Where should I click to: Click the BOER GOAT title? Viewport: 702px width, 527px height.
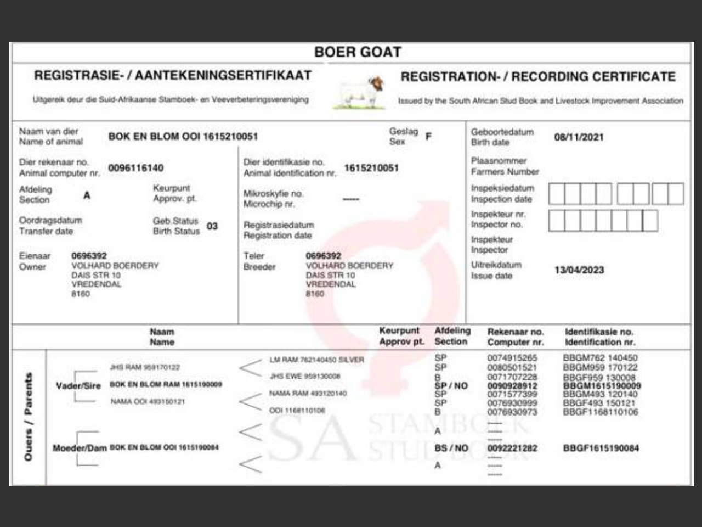[x=358, y=52]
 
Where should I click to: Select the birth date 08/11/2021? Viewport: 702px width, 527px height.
[x=579, y=137]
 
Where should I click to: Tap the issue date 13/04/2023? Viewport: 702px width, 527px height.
[x=579, y=270]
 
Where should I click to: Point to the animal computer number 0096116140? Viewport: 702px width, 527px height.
[x=135, y=168]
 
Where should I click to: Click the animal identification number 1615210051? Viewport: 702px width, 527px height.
[x=371, y=168]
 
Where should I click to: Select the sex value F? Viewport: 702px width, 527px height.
[x=428, y=136]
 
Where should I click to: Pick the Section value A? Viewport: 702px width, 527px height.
[x=87, y=195]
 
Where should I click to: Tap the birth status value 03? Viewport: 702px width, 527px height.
[x=212, y=226]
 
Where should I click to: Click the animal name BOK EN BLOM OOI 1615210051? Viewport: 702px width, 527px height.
[x=183, y=136]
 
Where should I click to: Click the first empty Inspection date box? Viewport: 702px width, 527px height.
[x=557, y=194]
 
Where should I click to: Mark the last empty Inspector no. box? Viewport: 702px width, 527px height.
[x=650, y=221]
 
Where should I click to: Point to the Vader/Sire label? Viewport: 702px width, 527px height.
[x=78, y=386]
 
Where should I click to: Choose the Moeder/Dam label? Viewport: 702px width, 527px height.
[x=80, y=448]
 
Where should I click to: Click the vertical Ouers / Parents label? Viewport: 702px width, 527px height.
[x=28, y=417]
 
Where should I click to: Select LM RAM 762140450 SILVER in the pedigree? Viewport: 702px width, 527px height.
[x=316, y=360]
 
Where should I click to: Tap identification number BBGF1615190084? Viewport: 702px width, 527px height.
[x=601, y=448]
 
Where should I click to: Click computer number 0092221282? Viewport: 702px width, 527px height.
[x=512, y=448]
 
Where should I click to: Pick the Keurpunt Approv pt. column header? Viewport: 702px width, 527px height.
[x=401, y=336]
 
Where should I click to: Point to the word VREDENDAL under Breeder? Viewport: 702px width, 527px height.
[x=331, y=284]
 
